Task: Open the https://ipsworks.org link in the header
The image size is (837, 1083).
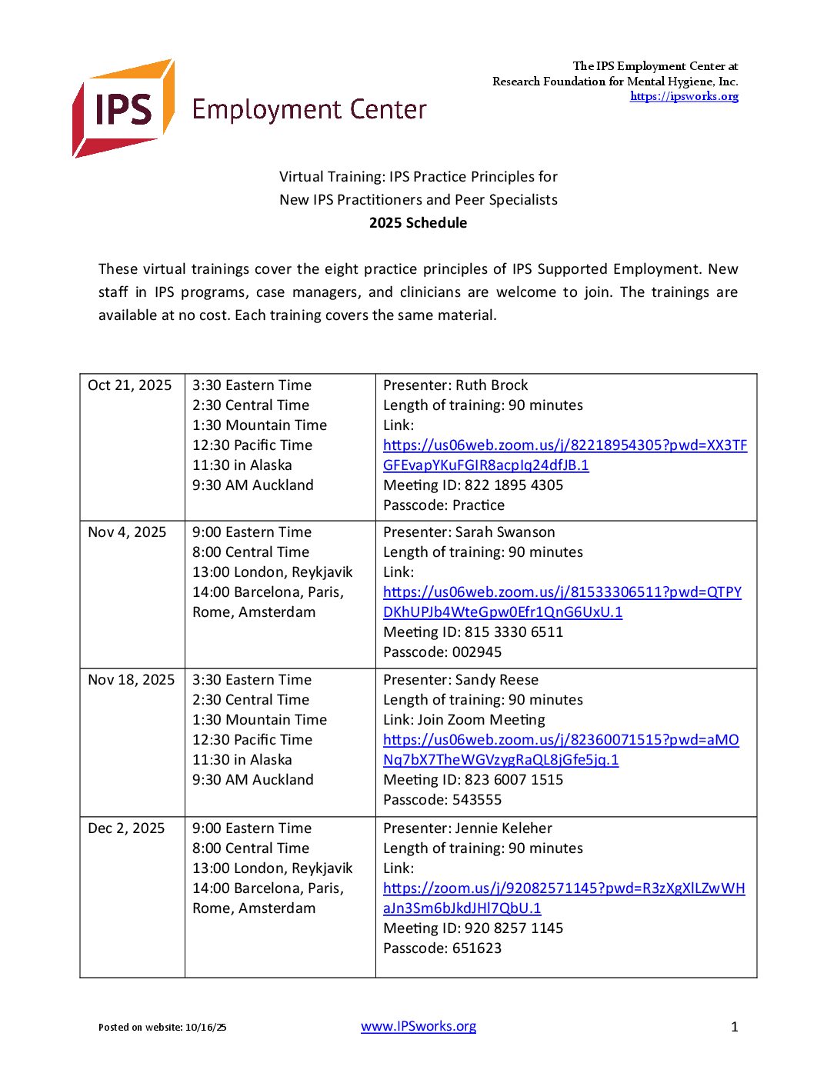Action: pyautogui.click(x=684, y=96)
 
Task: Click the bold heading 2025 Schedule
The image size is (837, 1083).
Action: pyautogui.click(x=418, y=223)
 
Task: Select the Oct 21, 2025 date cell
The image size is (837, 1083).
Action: pyautogui.click(x=130, y=385)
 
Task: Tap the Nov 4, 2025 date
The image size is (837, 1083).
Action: pyautogui.click(x=127, y=532)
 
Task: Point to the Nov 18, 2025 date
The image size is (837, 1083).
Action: pyautogui.click(x=132, y=680)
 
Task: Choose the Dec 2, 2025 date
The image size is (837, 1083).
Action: pyautogui.click(x=126, y=828)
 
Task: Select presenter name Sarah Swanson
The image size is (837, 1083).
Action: pyautogui.click(x=505, y=532)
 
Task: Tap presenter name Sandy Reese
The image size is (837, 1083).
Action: pyautogui.click(x=497, y=680)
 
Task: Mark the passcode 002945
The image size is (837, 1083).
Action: pyautogui.click(x=476, y=652)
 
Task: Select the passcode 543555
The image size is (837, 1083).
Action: pyautogui.click(x=476, y=800)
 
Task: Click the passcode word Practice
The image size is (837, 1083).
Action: pyautogui.click(x=479, y=505)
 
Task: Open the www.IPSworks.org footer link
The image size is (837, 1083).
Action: pyautogui.click(x=418, y=1027)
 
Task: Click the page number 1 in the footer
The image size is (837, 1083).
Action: pyautogui.click(x=735, y=1027)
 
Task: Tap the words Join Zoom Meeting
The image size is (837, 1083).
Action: pyautogui.click(x=481, y=720)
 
